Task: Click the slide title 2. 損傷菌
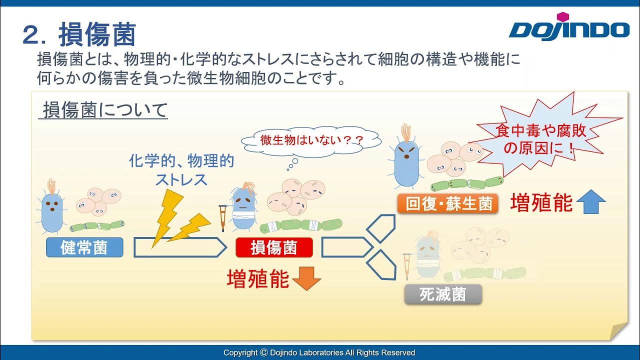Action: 79,35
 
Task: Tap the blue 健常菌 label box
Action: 84,247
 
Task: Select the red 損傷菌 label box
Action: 274,247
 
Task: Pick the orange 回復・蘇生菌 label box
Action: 448,203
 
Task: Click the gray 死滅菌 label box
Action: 443,294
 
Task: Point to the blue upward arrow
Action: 591,201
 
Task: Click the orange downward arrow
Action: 306,278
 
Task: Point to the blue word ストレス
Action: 181,179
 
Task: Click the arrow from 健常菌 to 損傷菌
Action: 180,247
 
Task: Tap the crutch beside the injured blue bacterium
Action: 223,218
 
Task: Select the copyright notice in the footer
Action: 319,352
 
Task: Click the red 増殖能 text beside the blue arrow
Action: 541,203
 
